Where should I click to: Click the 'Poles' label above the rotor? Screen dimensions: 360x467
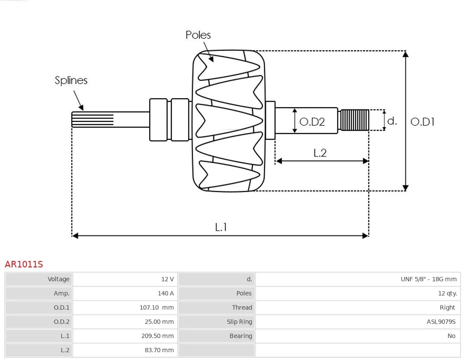pyautogui.click(x=198, y=35)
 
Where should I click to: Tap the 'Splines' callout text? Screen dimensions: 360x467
pyautogui.click(x=71, y=80)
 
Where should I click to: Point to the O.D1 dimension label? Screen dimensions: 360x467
pyautogui.click(x=422, y=122)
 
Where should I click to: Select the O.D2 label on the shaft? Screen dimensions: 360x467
pyautogui.click(x=312, y=122)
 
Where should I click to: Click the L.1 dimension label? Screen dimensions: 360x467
pyautogui.click(x=221, y=227)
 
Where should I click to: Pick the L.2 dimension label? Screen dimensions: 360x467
pyautogui.click(x=320, y=153)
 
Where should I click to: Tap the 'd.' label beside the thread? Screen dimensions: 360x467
pyautogui.click(x=392, y=121)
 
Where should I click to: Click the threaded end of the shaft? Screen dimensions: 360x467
pyautogui.click(x=354, y=120)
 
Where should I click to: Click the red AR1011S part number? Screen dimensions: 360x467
pyautogui.click(x=24, y=264)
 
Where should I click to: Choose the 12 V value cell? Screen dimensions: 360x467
pyautogui.click(x=166, y=279)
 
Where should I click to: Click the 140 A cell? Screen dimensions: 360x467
pyautogui.click(x=166, y=293)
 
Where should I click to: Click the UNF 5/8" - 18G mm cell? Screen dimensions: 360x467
pyautogui.click(x=428, y=279)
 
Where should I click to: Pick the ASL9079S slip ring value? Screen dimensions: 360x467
pyautogui.click(x=441, y=322)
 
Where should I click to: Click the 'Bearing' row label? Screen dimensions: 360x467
pyautogui.click(x=240, y=336)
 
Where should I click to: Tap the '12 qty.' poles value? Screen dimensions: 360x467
pyautogui.click(x=447, y=293)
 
